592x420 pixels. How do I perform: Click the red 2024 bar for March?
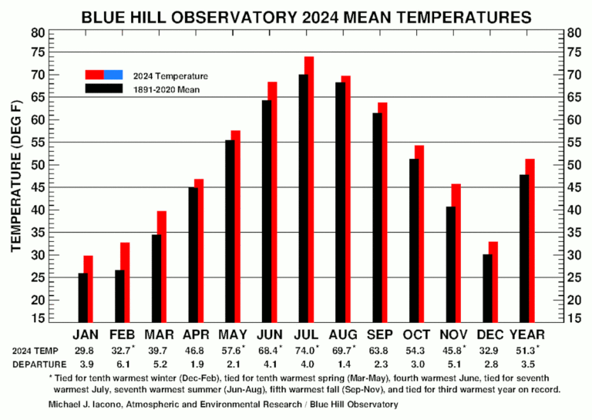click(162, 266)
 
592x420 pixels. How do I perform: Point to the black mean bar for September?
click(377, 216)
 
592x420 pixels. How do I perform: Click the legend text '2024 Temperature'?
click(170, 76)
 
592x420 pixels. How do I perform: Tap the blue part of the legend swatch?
click(113, 75)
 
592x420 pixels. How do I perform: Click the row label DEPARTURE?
click(35, 365)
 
